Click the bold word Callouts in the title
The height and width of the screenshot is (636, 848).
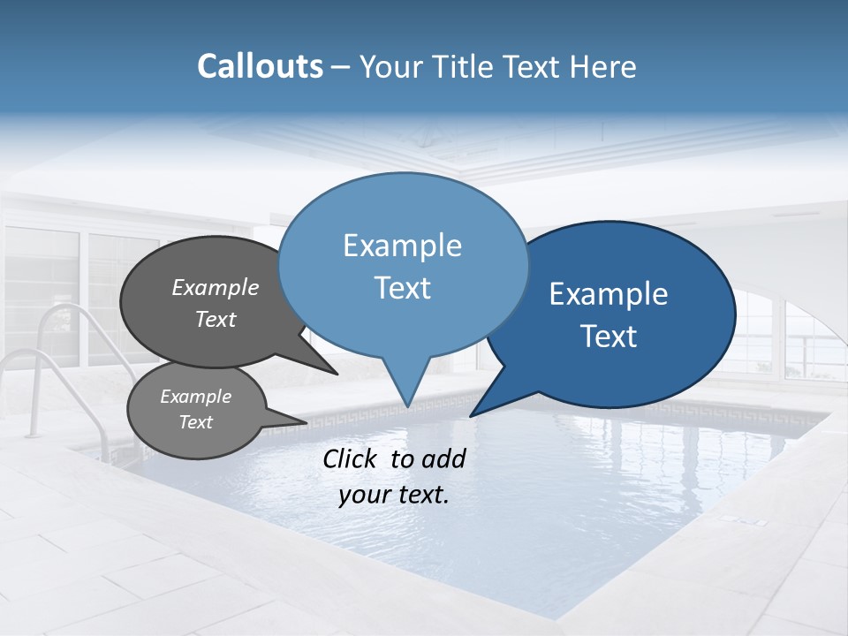tap(260, 66)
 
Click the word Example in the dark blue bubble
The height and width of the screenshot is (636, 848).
tap(609, 294)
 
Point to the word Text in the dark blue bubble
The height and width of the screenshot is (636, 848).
tap(609, 337)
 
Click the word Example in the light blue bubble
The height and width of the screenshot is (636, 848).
tap(402, 246)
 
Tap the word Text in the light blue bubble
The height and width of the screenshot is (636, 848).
tap(403, 288)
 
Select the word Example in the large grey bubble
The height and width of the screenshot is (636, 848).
tap(216, 287)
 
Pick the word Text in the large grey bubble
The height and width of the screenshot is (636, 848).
tap(216, 319)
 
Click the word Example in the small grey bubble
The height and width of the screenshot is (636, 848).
tap(196, 397)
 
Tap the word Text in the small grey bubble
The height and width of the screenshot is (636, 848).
tap(196, 422)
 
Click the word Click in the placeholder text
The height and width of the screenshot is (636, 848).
tap(352, 458)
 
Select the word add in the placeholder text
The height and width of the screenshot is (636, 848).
tap(443, 458)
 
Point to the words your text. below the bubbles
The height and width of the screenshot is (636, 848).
tap(394, 496)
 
